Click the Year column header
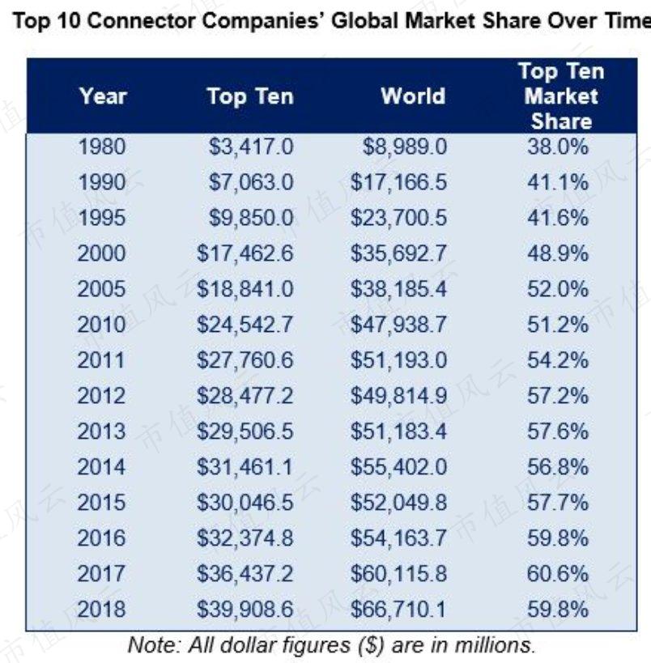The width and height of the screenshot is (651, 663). tap(103, 96)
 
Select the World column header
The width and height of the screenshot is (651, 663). tap(413, 96)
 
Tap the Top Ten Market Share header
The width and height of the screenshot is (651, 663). tap(561, 96)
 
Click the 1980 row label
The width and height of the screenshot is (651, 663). tap(102, 147)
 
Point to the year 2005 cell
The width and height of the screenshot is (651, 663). tap(101, 289)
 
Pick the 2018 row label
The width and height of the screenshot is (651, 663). tap(101, 610)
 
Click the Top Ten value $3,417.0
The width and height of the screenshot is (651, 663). tap(251, 147)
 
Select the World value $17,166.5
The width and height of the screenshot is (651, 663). tap(398, 183)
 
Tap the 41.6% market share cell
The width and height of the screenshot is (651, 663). tap(558, 219)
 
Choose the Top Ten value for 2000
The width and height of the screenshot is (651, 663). tap(245, 253)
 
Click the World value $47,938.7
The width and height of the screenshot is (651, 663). tap(398, 325)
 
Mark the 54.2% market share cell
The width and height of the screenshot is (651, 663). tap(558, 360)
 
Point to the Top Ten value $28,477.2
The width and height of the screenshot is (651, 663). tap(245, 396)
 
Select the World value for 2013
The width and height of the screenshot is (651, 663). tap(398, 431)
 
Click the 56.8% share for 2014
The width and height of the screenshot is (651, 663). tap(558, 467)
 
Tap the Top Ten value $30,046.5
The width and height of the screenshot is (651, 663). tap(245, 503)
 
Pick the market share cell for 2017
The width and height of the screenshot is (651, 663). tap(558, 574)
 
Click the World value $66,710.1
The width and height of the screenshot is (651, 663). tap(398, 610)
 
